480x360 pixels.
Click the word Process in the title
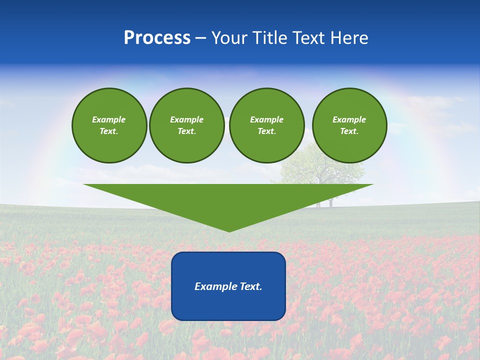tap(157, 38)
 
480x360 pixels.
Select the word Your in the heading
tap(229, 38)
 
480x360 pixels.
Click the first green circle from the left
tap(109, 125)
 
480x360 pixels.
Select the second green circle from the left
tap(187, 125)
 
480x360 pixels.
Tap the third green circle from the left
tap(267, 125)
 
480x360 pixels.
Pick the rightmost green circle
tap(349, 125)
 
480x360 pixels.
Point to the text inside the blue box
tap(228, 286)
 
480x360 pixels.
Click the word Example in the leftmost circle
tap(109, 119)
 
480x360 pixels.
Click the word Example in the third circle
tap(266, 119)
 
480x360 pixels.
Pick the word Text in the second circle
tap(186, 131)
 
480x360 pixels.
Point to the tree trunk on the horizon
tap(330, 201)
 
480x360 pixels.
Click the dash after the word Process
tap(200, 38)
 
